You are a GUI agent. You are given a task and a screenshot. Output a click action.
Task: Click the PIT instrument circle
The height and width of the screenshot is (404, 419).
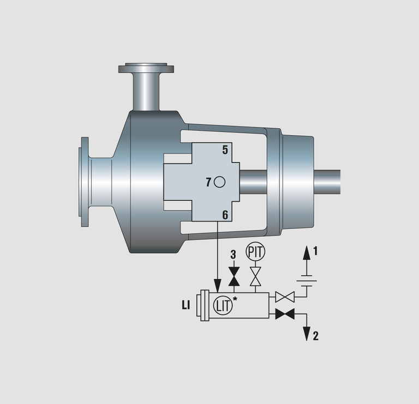tap(255, 251)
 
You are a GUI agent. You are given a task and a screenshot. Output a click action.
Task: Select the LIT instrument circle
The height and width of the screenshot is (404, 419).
tap(223, 305)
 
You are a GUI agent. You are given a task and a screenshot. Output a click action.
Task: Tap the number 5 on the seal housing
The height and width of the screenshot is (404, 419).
tap(225, 150)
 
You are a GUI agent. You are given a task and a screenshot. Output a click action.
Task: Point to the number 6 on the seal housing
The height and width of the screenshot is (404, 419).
tap(225, 215)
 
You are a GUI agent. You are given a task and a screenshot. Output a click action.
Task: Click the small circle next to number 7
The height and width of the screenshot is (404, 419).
tap(220, 182)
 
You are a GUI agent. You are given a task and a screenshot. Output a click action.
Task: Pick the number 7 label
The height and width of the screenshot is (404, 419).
tap(208, 183)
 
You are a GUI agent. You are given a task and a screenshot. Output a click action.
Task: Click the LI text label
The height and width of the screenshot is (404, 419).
tap(186, 305)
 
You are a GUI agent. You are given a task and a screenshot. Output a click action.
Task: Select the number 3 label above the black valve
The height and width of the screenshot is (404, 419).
tap(234, 255)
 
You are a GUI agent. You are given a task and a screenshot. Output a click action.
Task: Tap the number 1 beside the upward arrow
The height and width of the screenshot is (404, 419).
tap(315, 251)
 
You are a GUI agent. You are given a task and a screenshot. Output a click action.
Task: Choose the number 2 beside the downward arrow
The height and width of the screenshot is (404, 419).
tap(315, 336)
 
